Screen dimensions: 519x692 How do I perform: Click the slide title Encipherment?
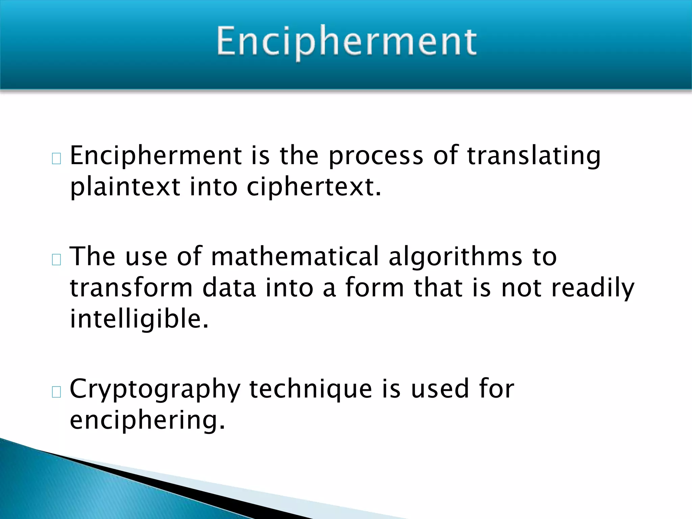347,42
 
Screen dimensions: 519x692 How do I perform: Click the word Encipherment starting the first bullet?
156,156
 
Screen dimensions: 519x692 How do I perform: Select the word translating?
534,156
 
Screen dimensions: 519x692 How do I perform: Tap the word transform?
131,288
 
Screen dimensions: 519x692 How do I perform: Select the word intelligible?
139,320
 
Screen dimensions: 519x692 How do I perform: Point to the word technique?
311,390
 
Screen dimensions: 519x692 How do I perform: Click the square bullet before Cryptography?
56,392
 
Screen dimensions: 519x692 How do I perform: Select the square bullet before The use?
56,259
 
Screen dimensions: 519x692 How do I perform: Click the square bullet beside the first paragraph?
56,158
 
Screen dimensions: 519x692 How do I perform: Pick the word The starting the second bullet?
92,256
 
